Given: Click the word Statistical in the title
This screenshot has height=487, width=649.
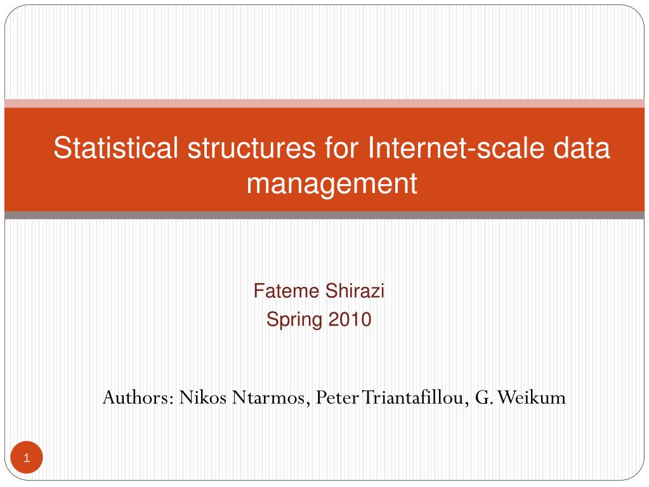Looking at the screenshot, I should pyautogui.click(x=116, y=149).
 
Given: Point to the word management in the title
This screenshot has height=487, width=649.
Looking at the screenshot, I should pyautogui.click(x=332, y=183).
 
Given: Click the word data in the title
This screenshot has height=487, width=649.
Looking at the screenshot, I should pyautogui.click(x=579, y=149).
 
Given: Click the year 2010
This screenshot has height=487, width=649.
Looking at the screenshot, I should pyautogui.click(x=350, y=319).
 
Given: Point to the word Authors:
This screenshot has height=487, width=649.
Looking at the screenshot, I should pyautogui.click(x=138, y=398).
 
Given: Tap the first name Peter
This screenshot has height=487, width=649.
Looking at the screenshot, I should pyautogui.click(x=338, y=398).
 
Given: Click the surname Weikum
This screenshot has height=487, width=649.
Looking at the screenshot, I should pyautogui.click(x=532, y=398).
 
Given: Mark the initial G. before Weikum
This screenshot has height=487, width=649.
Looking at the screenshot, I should pyautogui.click(x=483, y=398).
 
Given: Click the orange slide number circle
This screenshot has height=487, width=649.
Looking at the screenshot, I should pyautogui.click(x=26, y=458).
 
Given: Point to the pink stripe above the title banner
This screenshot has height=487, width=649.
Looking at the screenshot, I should pyautogui.click(x=324, y=103).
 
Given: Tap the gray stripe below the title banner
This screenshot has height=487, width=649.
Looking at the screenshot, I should pyautogui.click(x=324, y=215).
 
